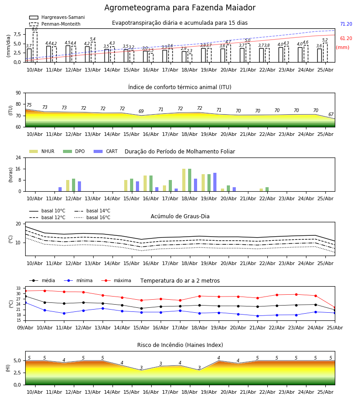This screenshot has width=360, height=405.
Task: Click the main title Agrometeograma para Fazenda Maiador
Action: (x=180, y=8)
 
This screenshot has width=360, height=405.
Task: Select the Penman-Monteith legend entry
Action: (x=55, y=24)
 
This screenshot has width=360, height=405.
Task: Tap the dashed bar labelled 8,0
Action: (x=35, y=47)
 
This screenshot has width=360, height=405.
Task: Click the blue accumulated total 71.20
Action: (x=346, y=24)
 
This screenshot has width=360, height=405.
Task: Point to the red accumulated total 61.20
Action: (x=346, y=39)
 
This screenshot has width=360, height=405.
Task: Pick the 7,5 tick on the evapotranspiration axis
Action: (x=18, y=34)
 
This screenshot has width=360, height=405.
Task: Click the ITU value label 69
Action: (x=141, y=111)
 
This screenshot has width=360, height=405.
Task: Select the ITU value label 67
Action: (x=331, y=114)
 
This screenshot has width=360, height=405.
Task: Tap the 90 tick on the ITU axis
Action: (x=18, y=93)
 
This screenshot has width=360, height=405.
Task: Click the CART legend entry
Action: (x=106, y=151)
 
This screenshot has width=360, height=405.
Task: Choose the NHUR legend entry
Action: (x=42, y=151)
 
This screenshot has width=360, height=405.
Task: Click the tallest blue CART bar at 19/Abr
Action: (x=215, y=182)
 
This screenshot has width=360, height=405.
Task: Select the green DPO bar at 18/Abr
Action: (x=190, y=180)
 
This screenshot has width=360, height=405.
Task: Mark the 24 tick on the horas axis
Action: (x=18, y=157)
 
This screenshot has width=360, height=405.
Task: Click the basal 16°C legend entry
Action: (x=92, y=217)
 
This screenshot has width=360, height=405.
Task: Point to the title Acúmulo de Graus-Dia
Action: (x=180, y=216)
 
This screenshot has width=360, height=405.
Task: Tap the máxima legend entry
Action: (x=116, y=280)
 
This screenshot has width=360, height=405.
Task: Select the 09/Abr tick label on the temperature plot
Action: (x=25, y=328)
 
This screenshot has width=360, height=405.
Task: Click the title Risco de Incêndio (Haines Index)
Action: (x=180, y=345)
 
